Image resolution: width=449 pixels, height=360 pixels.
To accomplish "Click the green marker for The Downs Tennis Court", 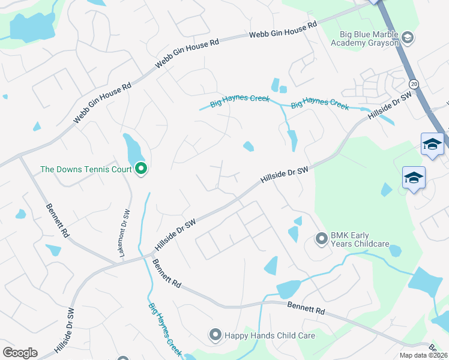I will [x=141, y=169].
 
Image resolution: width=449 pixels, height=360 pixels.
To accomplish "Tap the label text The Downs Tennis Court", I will [x=86, y=169].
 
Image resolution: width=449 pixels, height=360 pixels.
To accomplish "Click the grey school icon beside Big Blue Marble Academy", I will [x=408, y=38].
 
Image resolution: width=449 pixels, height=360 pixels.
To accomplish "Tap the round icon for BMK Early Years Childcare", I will [x=321, y=239].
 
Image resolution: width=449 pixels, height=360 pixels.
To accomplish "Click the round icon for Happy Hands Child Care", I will [x=215, y=335].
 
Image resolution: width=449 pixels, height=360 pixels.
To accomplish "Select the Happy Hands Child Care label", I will [x=270, y=335].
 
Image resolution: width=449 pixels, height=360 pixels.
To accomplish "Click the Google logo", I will [x=20, y=353].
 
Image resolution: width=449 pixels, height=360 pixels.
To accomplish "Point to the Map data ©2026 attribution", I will [x=423, y=355].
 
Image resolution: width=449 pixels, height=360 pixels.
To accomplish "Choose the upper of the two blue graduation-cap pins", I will [x=432, y=145].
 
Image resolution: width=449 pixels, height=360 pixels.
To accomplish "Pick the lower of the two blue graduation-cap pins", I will [x=414, y=178].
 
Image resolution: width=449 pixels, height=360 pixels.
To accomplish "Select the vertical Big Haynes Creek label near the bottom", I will [x=164, y=329].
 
